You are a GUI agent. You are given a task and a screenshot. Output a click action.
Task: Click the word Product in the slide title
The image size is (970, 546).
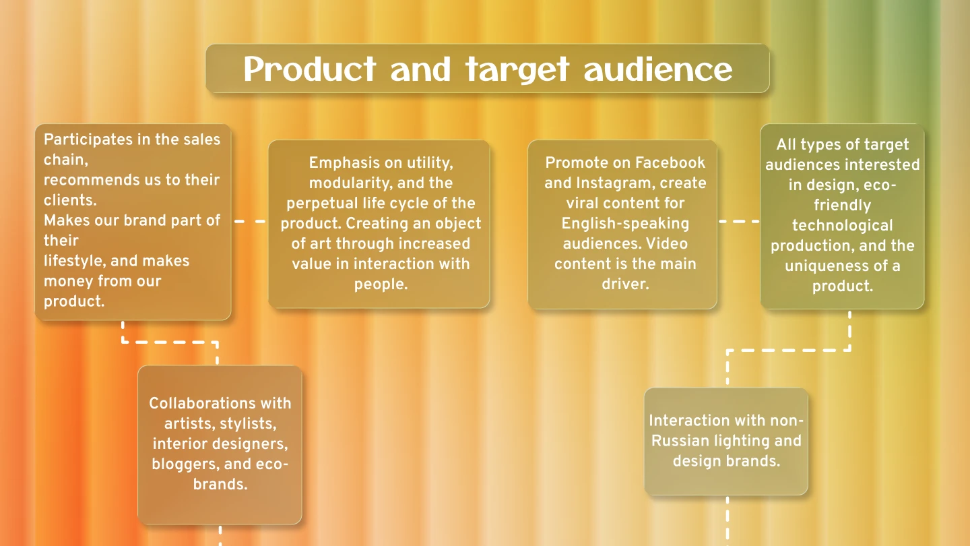click(309, 69)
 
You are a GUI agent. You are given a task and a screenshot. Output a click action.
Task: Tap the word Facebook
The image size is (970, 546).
click(670, 162)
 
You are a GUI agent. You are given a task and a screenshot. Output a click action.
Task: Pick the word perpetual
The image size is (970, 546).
click(320, 203)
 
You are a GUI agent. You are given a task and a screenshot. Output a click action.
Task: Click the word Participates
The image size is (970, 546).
click(88, 140)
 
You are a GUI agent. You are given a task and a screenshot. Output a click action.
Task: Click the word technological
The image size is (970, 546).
click(842, 225)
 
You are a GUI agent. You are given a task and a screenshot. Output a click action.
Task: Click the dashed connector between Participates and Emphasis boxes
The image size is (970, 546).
click(250, 221)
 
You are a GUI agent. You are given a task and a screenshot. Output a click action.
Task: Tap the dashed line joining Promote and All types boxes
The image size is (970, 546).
click(739, 221)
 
